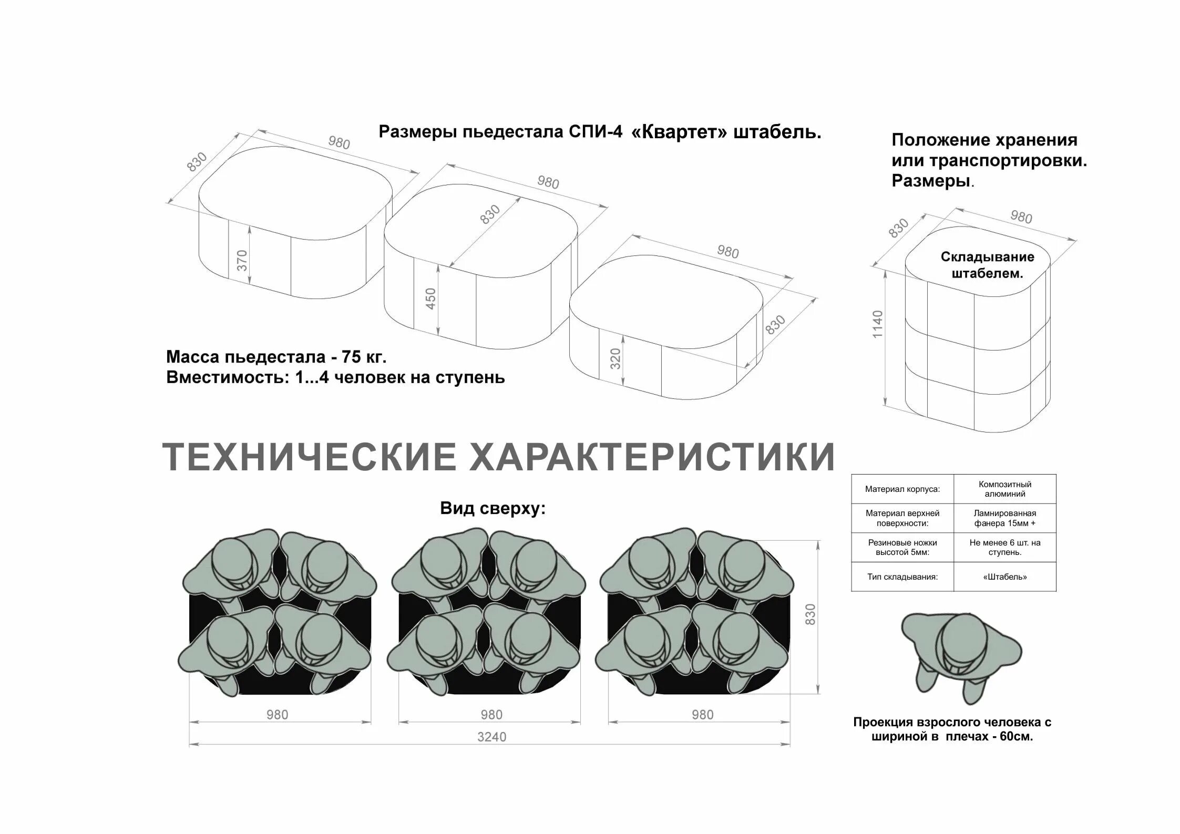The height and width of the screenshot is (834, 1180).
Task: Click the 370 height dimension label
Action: pos(242,260)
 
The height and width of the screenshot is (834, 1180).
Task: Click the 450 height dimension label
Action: pos(430,298)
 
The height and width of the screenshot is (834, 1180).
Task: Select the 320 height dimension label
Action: pos(616,358)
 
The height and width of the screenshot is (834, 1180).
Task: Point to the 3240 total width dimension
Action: pos(491,737)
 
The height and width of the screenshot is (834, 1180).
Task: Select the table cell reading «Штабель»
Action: pos(1004,577)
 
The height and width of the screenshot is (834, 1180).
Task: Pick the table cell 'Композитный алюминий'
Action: pos(1004,489)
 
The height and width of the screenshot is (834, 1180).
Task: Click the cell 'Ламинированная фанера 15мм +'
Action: pos(1004,518)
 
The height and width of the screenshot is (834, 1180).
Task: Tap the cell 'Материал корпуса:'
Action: pos(902,489)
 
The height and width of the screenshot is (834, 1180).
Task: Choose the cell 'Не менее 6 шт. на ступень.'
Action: pos(1004,547)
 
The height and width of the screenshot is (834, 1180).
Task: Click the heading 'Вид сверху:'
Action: pos(492,509)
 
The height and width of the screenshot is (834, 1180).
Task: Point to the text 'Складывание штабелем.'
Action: pos(987,265)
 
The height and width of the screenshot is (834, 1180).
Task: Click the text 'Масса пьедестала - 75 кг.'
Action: pos(276,357)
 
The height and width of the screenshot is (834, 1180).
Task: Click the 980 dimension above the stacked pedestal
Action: pos(1021,217)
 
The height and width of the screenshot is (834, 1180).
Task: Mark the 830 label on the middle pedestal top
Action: pos(490,214)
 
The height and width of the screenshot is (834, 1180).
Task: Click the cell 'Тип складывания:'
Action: pos(902,577)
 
